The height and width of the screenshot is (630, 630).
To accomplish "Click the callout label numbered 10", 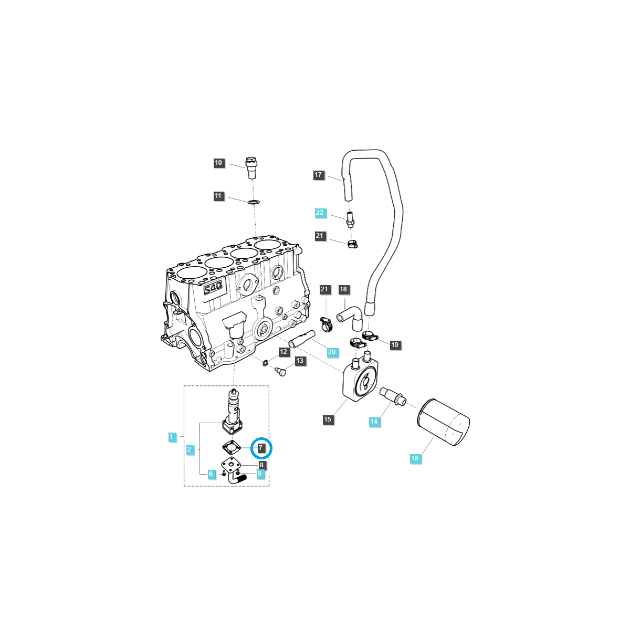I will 218,163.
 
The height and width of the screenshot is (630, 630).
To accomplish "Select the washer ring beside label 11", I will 253,202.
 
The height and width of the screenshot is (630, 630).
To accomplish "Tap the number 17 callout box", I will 318,175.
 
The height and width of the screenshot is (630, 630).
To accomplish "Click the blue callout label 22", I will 320,213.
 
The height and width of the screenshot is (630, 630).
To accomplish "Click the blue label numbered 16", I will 415,458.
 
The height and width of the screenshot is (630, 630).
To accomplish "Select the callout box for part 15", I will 328,419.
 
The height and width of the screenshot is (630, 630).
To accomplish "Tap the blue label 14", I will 373,422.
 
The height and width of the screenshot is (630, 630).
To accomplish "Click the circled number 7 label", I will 261,448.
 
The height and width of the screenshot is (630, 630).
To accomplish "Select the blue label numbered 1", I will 171,437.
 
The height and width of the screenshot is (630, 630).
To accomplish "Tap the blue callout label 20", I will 331,352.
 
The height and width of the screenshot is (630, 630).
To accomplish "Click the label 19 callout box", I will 395,345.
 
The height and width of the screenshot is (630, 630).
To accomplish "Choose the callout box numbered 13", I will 300,361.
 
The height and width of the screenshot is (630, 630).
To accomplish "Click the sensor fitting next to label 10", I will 252,167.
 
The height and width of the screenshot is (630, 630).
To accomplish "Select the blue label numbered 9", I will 259,474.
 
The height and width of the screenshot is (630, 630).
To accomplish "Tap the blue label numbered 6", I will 211,474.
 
